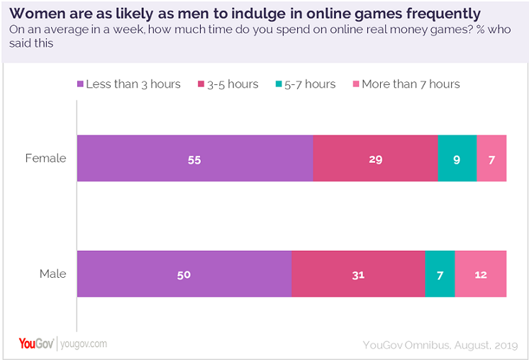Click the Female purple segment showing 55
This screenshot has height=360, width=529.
coord(195,159)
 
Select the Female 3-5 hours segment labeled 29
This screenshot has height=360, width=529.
coord(375,159)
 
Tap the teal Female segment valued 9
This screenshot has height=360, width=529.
coord(457,159)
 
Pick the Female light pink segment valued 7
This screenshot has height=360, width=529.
coord(491,159)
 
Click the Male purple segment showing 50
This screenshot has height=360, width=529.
coord(184,274)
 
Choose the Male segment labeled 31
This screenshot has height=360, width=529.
coord(358,274)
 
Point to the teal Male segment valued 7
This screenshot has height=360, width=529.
coord(440,274)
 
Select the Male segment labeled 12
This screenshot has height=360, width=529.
coord(481,274)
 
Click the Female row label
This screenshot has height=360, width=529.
coord(45,159)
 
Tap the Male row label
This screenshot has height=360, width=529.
coord(52,274)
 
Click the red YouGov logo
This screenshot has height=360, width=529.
coord(36,344)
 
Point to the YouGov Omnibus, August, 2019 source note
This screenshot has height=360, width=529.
coord(439,345)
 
